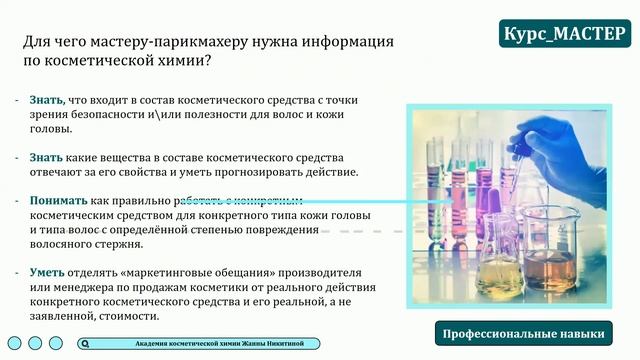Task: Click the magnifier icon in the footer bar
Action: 88,343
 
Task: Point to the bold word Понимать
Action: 59,200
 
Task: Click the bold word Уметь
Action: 48,273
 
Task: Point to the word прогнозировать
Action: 265,172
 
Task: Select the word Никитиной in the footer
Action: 294,343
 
